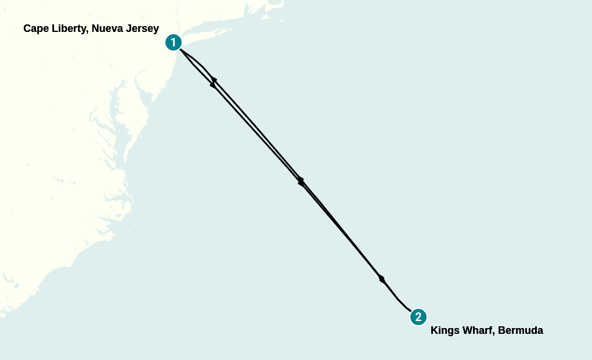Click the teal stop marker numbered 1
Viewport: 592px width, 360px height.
(x=173, y=42)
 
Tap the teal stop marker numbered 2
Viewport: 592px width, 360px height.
(x=418, y=317)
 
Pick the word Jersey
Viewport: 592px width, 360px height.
(x=143, y=28)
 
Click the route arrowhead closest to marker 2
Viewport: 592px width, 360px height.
(x=381, y=279)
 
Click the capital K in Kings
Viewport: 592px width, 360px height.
(x=434, y=330)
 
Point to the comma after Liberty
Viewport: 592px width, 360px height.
(x=89, y=31)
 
